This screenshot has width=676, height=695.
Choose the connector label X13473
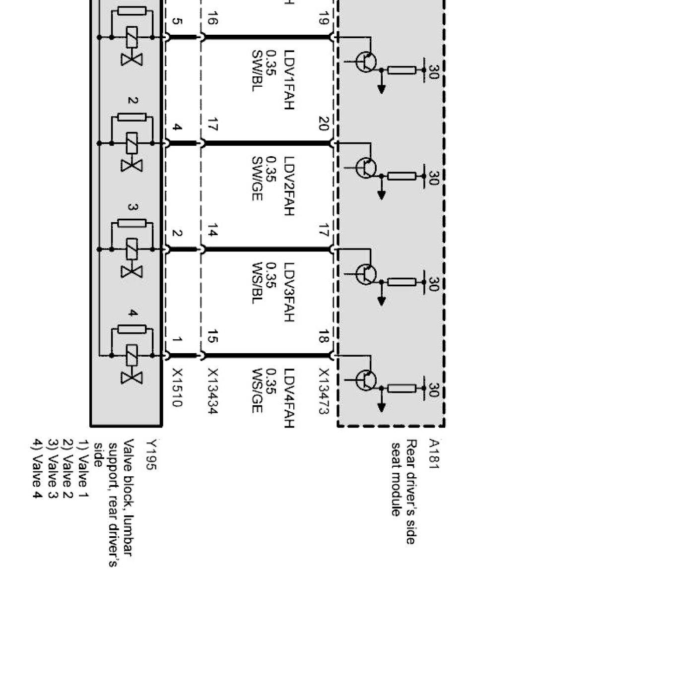tap(324, 391)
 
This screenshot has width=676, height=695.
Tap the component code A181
tap(433, 453)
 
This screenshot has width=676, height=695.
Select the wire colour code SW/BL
tap(257, 70)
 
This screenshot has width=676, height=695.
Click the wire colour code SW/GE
tap(257, 178)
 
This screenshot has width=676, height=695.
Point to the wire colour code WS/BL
tap(257, 283)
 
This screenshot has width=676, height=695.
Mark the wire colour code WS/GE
tap(257, 390)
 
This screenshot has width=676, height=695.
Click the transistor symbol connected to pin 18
tap(366, 380)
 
